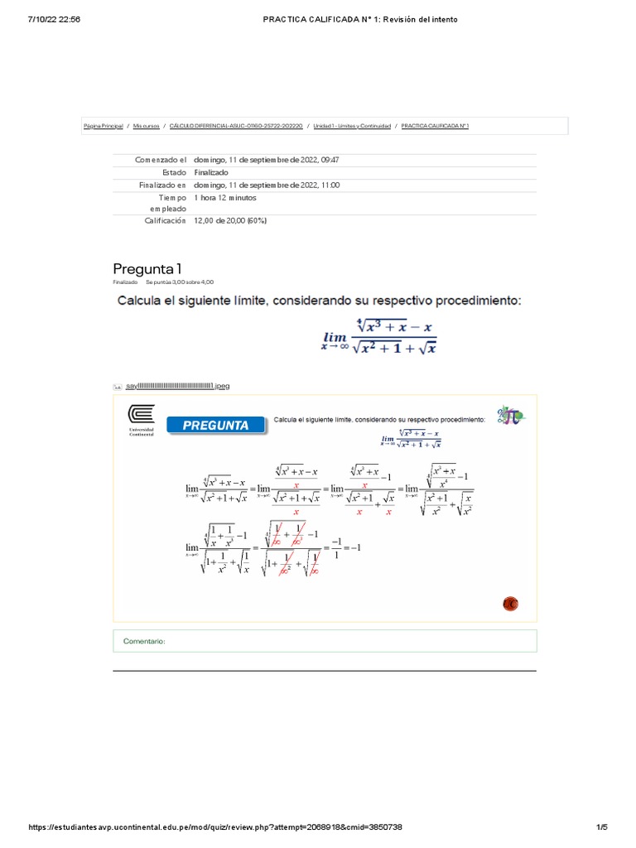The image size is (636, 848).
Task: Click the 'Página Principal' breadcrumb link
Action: click(x=104, y=126)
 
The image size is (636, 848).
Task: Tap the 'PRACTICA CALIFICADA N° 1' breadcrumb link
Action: click(x=436, y=126)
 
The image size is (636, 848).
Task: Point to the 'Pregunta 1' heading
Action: click(x=147, y=268)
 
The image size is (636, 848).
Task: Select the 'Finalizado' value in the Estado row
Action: click(x=211, y=172)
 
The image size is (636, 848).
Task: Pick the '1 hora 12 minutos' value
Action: click(x=225, y=199)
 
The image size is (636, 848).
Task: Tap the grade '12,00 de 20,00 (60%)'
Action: click(x=230, y=221)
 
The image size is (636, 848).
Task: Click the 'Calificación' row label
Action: click(x=166, y=221)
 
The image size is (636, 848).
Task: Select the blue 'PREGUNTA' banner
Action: click(x=215, y=425)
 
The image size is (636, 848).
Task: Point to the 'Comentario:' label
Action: click(x=145, y=641)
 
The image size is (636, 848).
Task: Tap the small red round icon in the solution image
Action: click(x=510, y=605)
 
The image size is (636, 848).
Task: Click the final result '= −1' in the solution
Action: click(x=354, y=547)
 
